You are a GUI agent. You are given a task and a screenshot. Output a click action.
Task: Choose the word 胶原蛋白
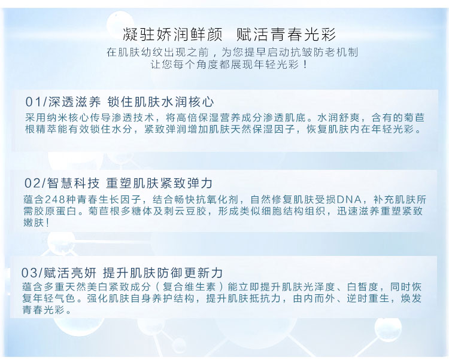(58, 210)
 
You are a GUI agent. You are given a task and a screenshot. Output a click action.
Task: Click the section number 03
(29, 272)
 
